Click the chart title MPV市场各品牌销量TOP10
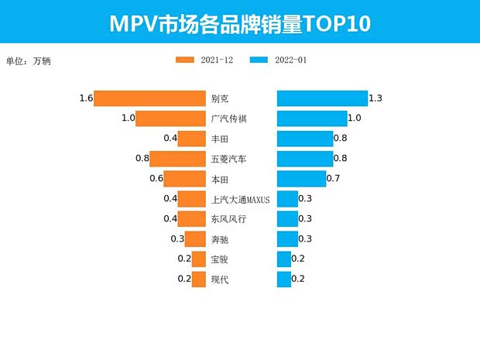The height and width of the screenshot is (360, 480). coord(239,23)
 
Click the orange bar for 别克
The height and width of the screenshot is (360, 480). coord(149,98)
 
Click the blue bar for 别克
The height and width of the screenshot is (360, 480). coord(322,98)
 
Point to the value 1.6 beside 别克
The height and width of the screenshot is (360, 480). coord(85,98)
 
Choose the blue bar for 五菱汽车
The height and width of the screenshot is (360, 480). coord(305,159)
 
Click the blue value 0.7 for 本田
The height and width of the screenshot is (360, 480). coord(334,179)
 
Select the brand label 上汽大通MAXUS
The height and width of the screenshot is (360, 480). coord(240,199)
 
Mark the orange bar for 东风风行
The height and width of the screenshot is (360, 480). coord(192,219)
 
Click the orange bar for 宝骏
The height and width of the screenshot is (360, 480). coord(199,259)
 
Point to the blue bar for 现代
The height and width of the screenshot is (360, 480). coord(284,279)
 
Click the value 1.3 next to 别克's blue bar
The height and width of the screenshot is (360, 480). coord(376,98)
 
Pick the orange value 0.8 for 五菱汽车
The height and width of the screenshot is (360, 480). coord(142,159)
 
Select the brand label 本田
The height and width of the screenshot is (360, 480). coord(220,179)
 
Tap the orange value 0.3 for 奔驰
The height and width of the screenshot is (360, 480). coord(177,238)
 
